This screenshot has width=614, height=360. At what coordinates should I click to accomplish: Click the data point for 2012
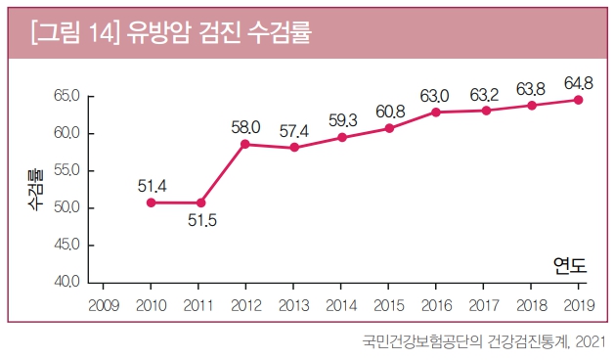tap(245, 144)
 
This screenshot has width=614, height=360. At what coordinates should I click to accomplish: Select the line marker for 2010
tap(151, 202)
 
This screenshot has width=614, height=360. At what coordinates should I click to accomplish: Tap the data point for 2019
tap(579, 100)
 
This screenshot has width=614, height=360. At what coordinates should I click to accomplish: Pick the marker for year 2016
tap(436, 112)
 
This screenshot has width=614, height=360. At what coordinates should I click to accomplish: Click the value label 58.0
tap(245, 126)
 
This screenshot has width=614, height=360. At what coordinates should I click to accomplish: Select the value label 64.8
tap(579, 82)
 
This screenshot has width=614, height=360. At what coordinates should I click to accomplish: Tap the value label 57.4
tap(292, 130)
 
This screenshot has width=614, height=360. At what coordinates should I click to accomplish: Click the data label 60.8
tap(389, 111)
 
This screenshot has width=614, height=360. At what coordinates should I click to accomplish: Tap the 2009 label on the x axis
tap(104, 304)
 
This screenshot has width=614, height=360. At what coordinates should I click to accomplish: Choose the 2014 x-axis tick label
tap(340, 304)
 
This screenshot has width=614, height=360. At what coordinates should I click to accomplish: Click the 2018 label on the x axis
tap(531, 304)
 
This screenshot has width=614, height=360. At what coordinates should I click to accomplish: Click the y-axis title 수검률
tap(33, 189)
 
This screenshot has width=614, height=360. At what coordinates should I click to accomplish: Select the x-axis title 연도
tap(569, 264)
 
